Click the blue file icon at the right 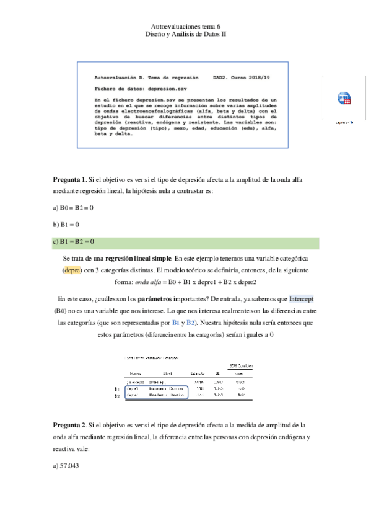point(344,99)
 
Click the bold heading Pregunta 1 point(71,179)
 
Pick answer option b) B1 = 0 point(66,224)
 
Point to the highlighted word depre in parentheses point(72,270)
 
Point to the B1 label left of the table point(118,390)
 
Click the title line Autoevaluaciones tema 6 point(185,27)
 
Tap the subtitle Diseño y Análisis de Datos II point(185,35)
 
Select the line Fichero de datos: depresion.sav point(131,89)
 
